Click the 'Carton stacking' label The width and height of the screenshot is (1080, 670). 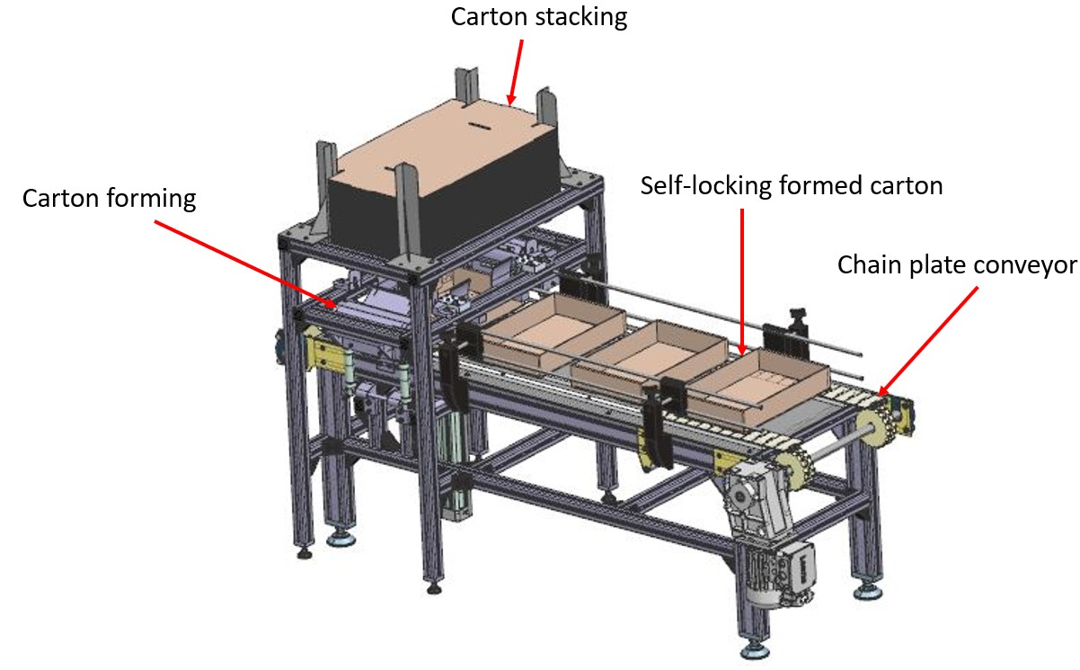(538, 18)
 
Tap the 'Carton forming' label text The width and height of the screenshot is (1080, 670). (109, 199)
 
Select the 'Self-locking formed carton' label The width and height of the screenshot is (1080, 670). (791, 186)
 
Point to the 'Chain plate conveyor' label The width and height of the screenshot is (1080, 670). (956, 265)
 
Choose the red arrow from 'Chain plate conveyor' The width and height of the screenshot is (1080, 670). (929, 343)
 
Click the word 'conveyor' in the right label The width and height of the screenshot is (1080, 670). (1029, 265)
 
